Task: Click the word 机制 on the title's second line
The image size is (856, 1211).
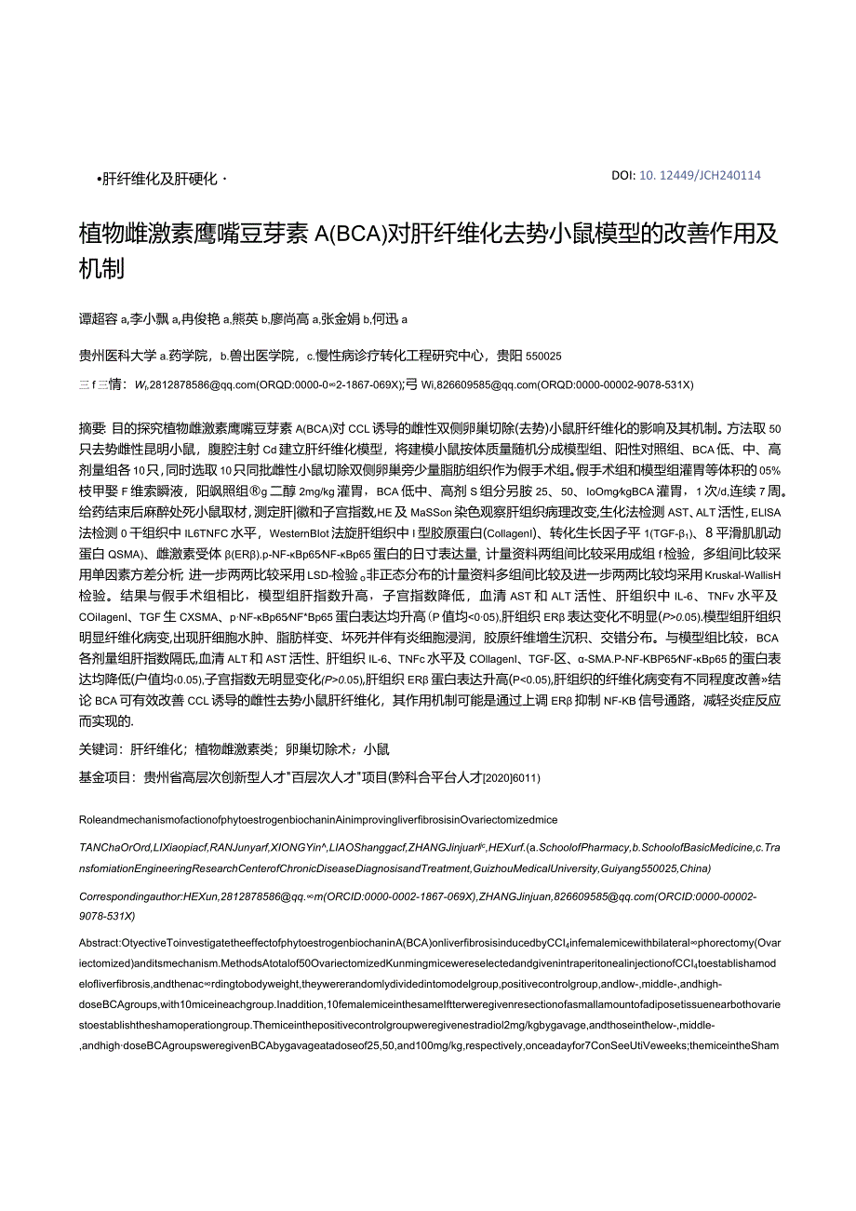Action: (101, 269)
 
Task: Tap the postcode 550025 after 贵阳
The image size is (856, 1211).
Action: (542, 356)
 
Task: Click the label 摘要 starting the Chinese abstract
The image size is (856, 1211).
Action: (92, 428)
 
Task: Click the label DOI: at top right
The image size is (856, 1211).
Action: (623, 175)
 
